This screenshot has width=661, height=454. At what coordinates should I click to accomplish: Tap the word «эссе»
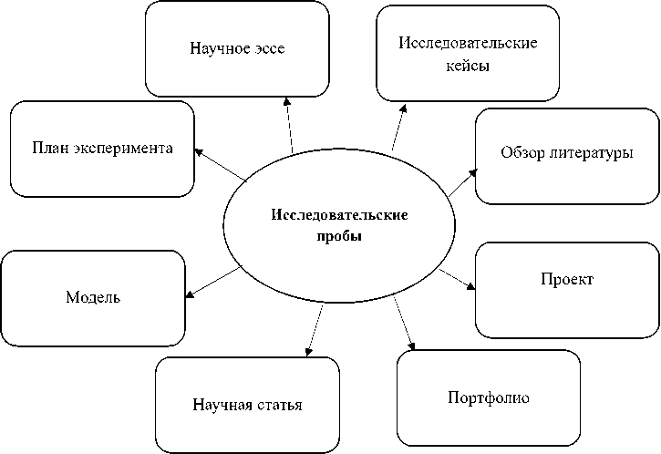click(x=268, y=48)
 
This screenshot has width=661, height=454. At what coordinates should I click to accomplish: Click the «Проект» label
click(x=566, y=279)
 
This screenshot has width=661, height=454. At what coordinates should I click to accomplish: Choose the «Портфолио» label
click(x=489, y=397)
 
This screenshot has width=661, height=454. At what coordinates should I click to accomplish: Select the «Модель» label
click(x=93, y=297)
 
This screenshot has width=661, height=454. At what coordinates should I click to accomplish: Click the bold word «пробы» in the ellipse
click(x=338, y=235)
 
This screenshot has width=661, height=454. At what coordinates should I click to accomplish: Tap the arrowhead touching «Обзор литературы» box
click(x=471, y=170)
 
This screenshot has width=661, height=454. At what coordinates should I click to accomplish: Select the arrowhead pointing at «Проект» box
click(x=471, y=286)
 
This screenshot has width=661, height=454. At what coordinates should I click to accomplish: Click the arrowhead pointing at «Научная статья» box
click(x=310, y=351)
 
